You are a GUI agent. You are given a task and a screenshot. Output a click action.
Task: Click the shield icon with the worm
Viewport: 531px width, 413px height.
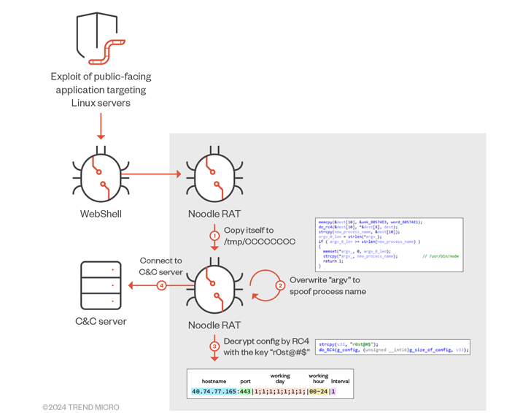click(x=101, y=38)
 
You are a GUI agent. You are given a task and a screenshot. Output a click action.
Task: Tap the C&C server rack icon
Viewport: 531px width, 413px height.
click(x=101, y=285)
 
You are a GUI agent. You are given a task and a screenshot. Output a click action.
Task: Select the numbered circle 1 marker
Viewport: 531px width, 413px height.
click(x=214, y=236)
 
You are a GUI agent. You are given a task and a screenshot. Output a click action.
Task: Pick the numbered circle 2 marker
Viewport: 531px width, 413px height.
click(x=279, y=285)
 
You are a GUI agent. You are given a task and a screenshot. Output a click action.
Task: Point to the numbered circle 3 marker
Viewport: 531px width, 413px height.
click(x=214, y=346)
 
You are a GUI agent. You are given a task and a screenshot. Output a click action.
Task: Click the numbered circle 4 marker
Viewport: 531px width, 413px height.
click(x=162, y=285)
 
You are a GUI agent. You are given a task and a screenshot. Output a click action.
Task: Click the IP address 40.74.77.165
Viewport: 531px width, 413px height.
click(x=214, y=392)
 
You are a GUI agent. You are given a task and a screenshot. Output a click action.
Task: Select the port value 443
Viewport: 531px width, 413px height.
click(x=245, y=392)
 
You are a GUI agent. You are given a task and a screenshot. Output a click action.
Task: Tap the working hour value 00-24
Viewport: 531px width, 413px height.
click(x=319, y=392)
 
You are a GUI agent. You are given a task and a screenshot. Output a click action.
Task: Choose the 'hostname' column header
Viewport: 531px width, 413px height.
click(x=214, y=381)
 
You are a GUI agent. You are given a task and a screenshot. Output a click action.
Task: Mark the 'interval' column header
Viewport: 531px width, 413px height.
click(x=340, y=381)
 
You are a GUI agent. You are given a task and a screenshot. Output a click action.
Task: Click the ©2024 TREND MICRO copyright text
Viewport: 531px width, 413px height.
click(x=81, y=406)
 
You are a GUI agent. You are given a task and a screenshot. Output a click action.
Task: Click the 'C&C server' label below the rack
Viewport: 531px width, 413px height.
click(x=101, y=321)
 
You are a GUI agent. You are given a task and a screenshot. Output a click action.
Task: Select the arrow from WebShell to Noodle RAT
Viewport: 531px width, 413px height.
click(x=155, y=174)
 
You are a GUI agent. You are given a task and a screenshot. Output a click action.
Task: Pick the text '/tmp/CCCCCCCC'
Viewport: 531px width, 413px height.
click(x=260, y=242)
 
